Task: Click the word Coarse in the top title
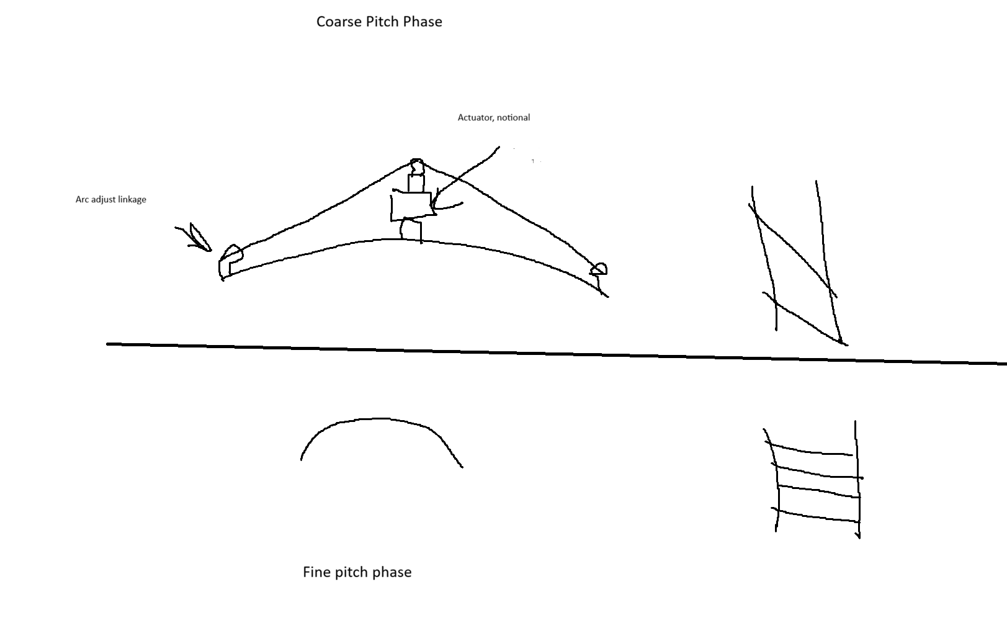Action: point(339,22)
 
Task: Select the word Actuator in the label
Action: point(476,118)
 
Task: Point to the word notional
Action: point(513,118)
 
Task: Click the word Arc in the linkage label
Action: point(83,199)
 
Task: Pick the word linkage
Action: point(132,200)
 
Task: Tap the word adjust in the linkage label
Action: point(104,200)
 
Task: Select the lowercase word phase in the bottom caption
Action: point(393,573)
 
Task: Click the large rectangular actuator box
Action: point(412,207)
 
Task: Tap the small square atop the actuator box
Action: point(416,184)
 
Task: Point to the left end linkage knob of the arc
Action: point(230,262)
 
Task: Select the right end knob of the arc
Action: point(599,270)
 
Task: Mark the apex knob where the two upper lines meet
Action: point(417,166)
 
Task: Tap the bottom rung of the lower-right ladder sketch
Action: point(816,516)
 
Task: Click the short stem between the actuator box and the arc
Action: point(411,229)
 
